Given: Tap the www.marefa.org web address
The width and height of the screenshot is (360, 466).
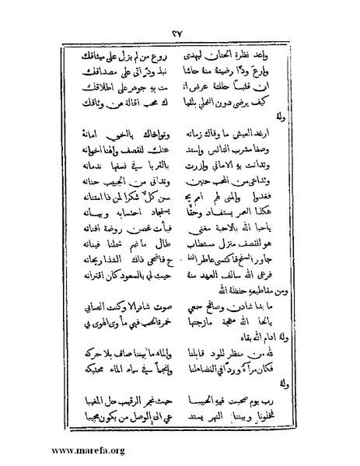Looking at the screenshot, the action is pyautogui.click(x=55, y=450).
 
